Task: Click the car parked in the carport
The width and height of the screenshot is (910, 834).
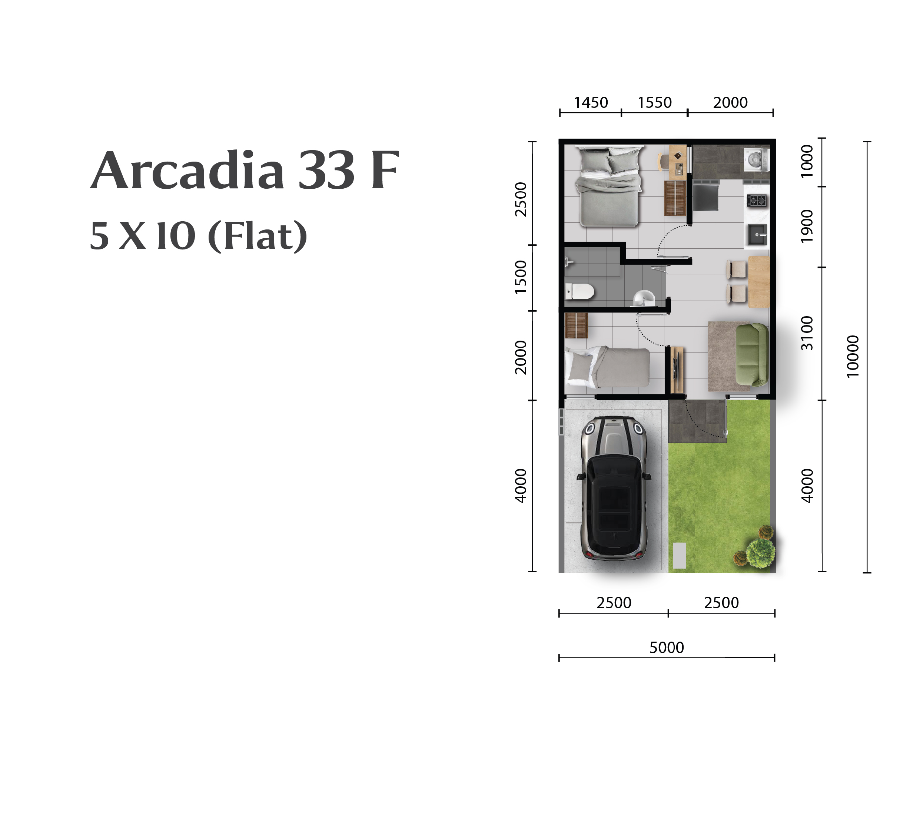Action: [614, 488]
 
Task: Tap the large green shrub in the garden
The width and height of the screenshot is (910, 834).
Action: [760, 552]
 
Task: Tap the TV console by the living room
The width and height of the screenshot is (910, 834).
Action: [677, 369]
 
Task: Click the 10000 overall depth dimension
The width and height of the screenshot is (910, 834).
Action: [853, 356]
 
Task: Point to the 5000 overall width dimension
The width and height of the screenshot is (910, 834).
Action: [667, 648]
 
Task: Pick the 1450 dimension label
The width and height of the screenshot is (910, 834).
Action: [591, 103]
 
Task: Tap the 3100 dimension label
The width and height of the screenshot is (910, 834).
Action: [807, 333]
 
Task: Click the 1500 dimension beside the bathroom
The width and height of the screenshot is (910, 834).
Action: [521, 277]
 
